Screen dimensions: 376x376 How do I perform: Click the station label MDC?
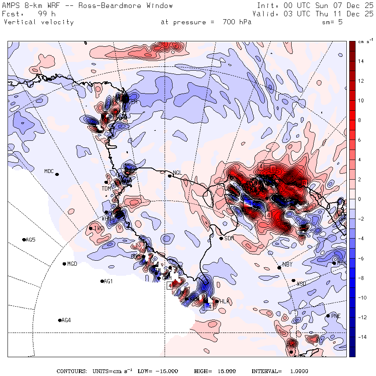[x=49, y=171]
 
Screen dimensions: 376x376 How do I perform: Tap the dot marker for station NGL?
[x=170, y=176]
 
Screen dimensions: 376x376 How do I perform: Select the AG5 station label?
[x=30, y=240]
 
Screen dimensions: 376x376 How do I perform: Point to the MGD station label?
[x=72, y=264]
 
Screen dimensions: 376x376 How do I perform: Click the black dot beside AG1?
[x=102, y=281]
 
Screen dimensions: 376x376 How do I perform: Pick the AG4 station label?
[x=66, y=320]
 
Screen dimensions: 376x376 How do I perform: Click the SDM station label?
[x=229, y=239]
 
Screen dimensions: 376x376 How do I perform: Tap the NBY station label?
[x=287, y=264]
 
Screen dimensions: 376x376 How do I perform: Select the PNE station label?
[x=335, y=316]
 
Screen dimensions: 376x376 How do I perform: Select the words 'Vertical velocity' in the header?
[x=39, y=22]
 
